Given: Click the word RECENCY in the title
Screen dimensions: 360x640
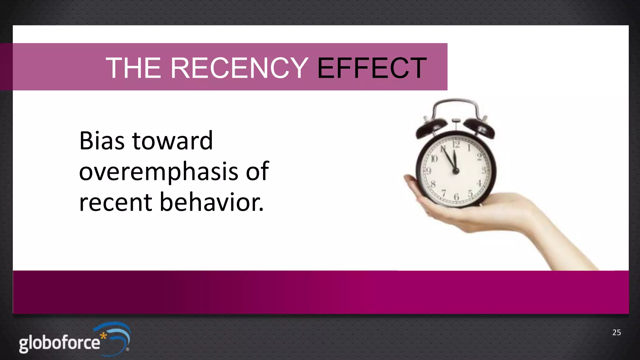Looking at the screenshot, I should pos(239,68).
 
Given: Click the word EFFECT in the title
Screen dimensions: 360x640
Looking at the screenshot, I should pos(372,68).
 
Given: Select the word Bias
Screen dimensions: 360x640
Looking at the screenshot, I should pos(102,141).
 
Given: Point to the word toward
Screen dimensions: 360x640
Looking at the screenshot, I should pos(172,141).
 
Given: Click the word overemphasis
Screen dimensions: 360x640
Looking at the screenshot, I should pos(158,172).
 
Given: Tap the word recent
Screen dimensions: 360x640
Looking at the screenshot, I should pos(116,202).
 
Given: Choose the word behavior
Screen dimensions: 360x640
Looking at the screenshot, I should pos(212,202).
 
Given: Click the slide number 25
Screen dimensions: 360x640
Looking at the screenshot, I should pos(616,332).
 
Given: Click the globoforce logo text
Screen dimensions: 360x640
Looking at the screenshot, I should pos(59,343).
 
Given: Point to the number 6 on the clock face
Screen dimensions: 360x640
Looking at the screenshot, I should pos(456,197).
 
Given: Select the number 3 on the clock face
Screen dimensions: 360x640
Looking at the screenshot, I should pos(483,171).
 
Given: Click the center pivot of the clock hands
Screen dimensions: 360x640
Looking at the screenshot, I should pos(456,171).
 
